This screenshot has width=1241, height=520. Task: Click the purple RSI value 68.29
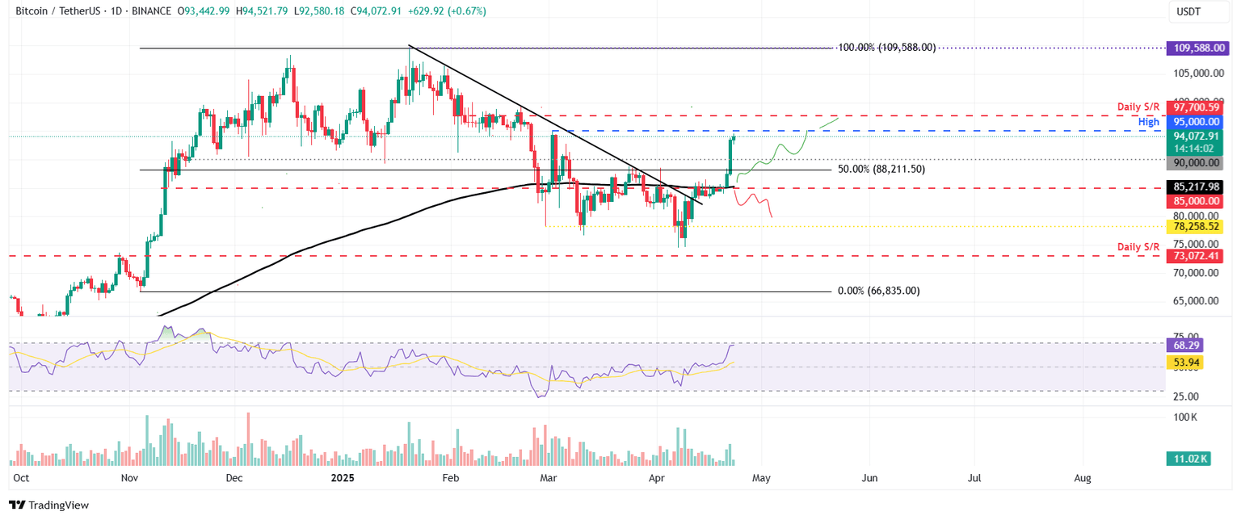pos(1184,345)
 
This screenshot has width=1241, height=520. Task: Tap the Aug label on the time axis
pos(1083,478)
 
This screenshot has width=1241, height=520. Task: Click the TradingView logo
pos(48,505)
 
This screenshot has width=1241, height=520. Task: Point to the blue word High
pos(1149,122)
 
